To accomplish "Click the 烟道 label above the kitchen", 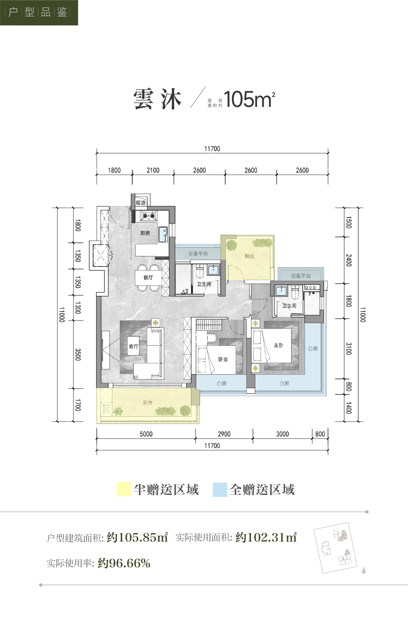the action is pos(141,202).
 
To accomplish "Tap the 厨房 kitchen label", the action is pos(145,233).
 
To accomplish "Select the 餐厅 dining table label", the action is pos(148,277).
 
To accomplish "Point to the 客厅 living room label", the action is pos(133,346).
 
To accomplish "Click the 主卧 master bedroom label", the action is pos(278,345).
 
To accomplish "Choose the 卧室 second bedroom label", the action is pos(223,359).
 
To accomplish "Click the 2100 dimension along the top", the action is pos(153,170).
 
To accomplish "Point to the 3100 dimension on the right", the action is pos(348,349).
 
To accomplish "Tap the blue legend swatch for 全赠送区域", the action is pos(220,489).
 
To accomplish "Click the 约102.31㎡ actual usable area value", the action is pos(266,537).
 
